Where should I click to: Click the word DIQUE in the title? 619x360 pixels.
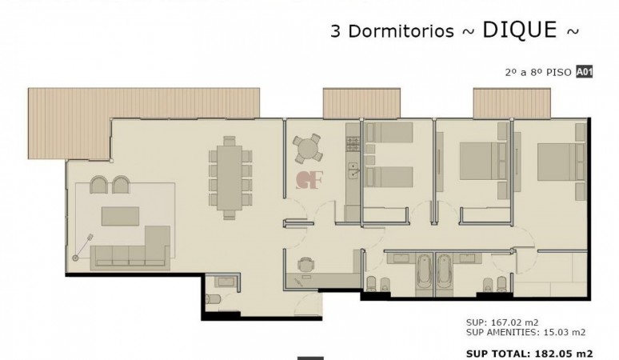point(520,30)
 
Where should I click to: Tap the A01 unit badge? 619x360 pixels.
point(585,72)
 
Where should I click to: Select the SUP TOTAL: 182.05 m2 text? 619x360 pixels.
point(529,354)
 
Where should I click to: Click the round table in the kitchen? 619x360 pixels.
point(308,149)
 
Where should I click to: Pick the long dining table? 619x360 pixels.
point(230,178)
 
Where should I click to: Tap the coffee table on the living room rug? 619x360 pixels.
point(121,216)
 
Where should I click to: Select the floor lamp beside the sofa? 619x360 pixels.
point(82,247)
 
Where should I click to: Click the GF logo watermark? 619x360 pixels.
point(309,180)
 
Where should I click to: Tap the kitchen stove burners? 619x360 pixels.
point(353,144)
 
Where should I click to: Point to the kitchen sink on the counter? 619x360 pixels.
point(353,170)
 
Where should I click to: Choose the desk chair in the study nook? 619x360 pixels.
point(306,265)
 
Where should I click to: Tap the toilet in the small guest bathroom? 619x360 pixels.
point(214,299)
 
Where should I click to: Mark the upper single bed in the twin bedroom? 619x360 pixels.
point(389,132)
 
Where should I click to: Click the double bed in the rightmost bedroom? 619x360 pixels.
point(561,162)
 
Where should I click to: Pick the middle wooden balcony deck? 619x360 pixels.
point(361,103)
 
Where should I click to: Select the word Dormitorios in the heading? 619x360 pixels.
point(401,31)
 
